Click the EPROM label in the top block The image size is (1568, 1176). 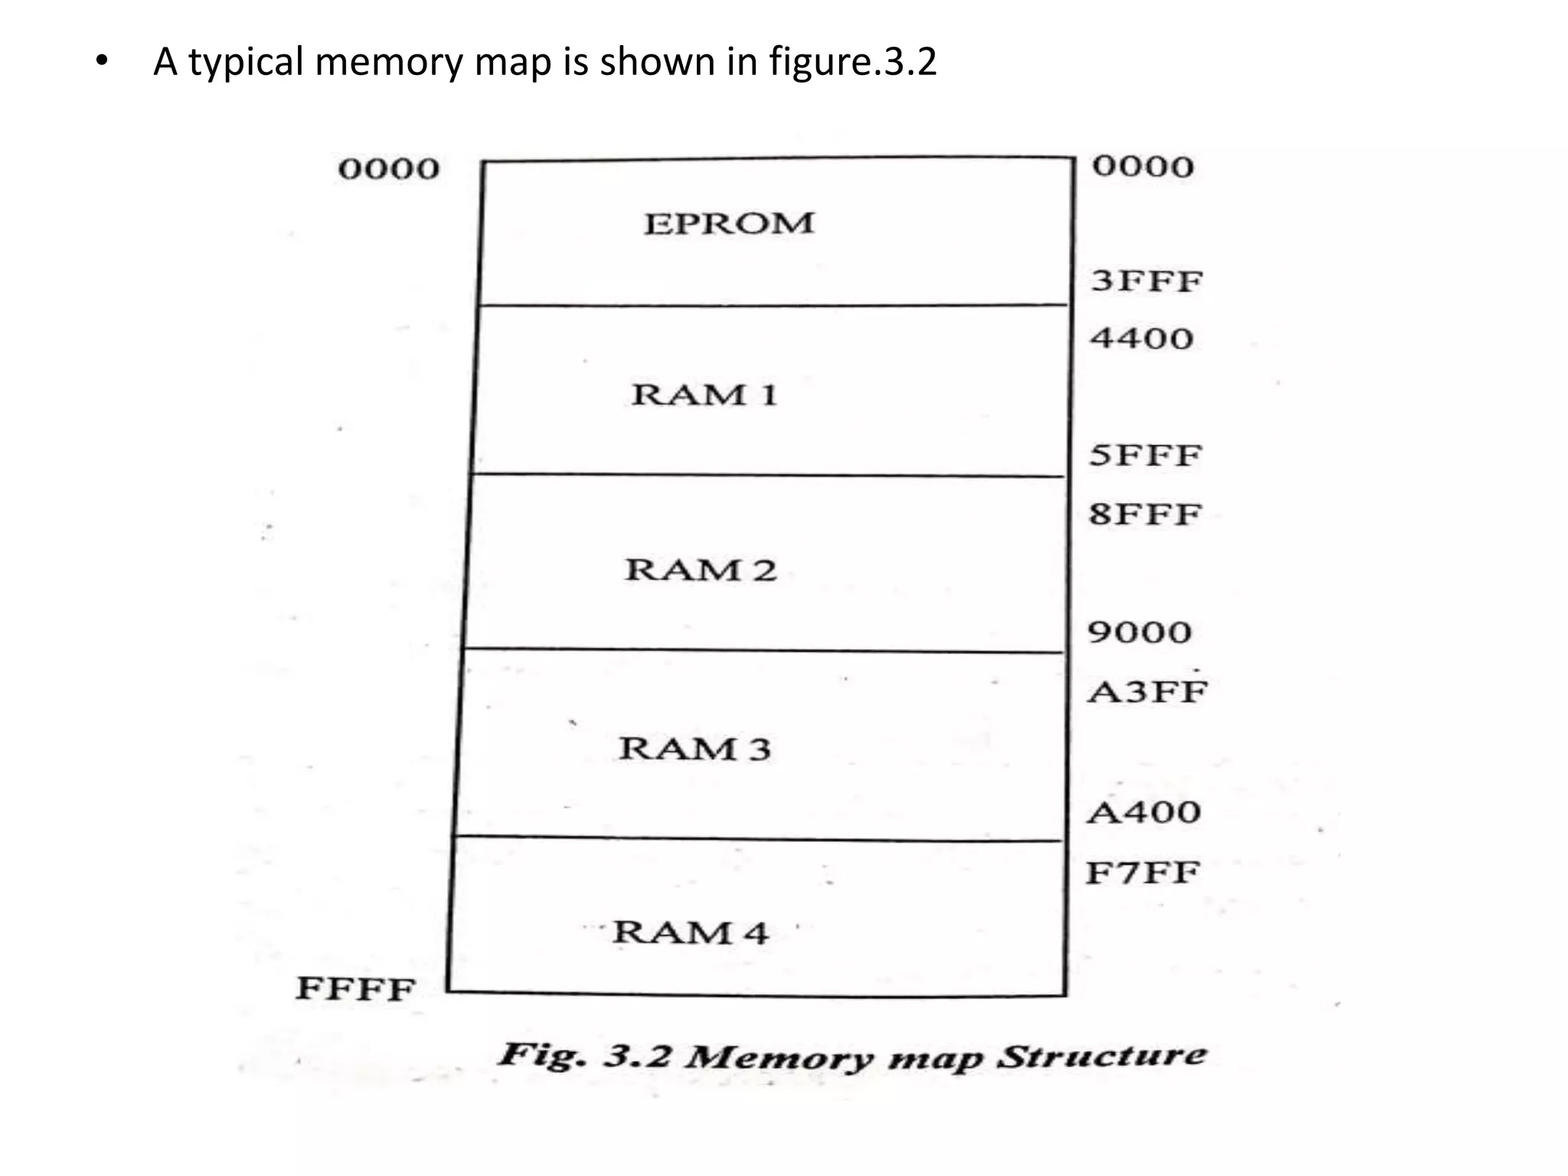tap(729, 224)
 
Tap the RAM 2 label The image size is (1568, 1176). tap(701, 570)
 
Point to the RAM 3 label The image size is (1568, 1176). tap(694, 748)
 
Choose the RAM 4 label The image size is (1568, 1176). tap(690, 933)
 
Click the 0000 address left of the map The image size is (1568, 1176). tap(389, 169)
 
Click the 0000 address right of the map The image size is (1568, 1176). tap(1142, 167)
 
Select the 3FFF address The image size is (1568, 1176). tap(1146, 281)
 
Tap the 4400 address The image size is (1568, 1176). tap(1142, 338)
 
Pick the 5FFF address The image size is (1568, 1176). tap(1145, 456)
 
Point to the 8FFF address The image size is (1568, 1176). tap(1145, 514)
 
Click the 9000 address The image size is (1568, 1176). tap(1140, 632)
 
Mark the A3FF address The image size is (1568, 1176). tap(1146, 692)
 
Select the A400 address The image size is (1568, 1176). tap(1144, 812)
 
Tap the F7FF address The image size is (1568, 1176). tap(1142, 872)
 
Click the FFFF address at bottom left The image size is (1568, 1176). tap(355, 989)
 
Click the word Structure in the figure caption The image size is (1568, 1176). tap(1102, 1057)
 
